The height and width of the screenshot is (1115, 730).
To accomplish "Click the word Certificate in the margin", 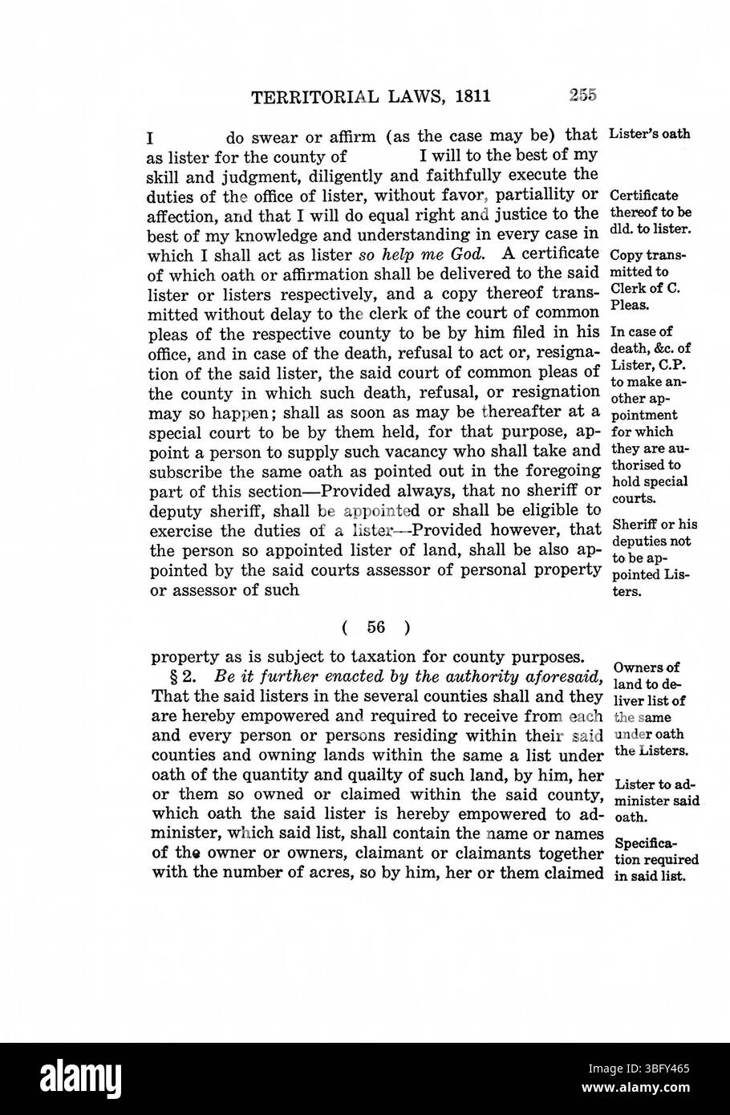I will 644,196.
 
